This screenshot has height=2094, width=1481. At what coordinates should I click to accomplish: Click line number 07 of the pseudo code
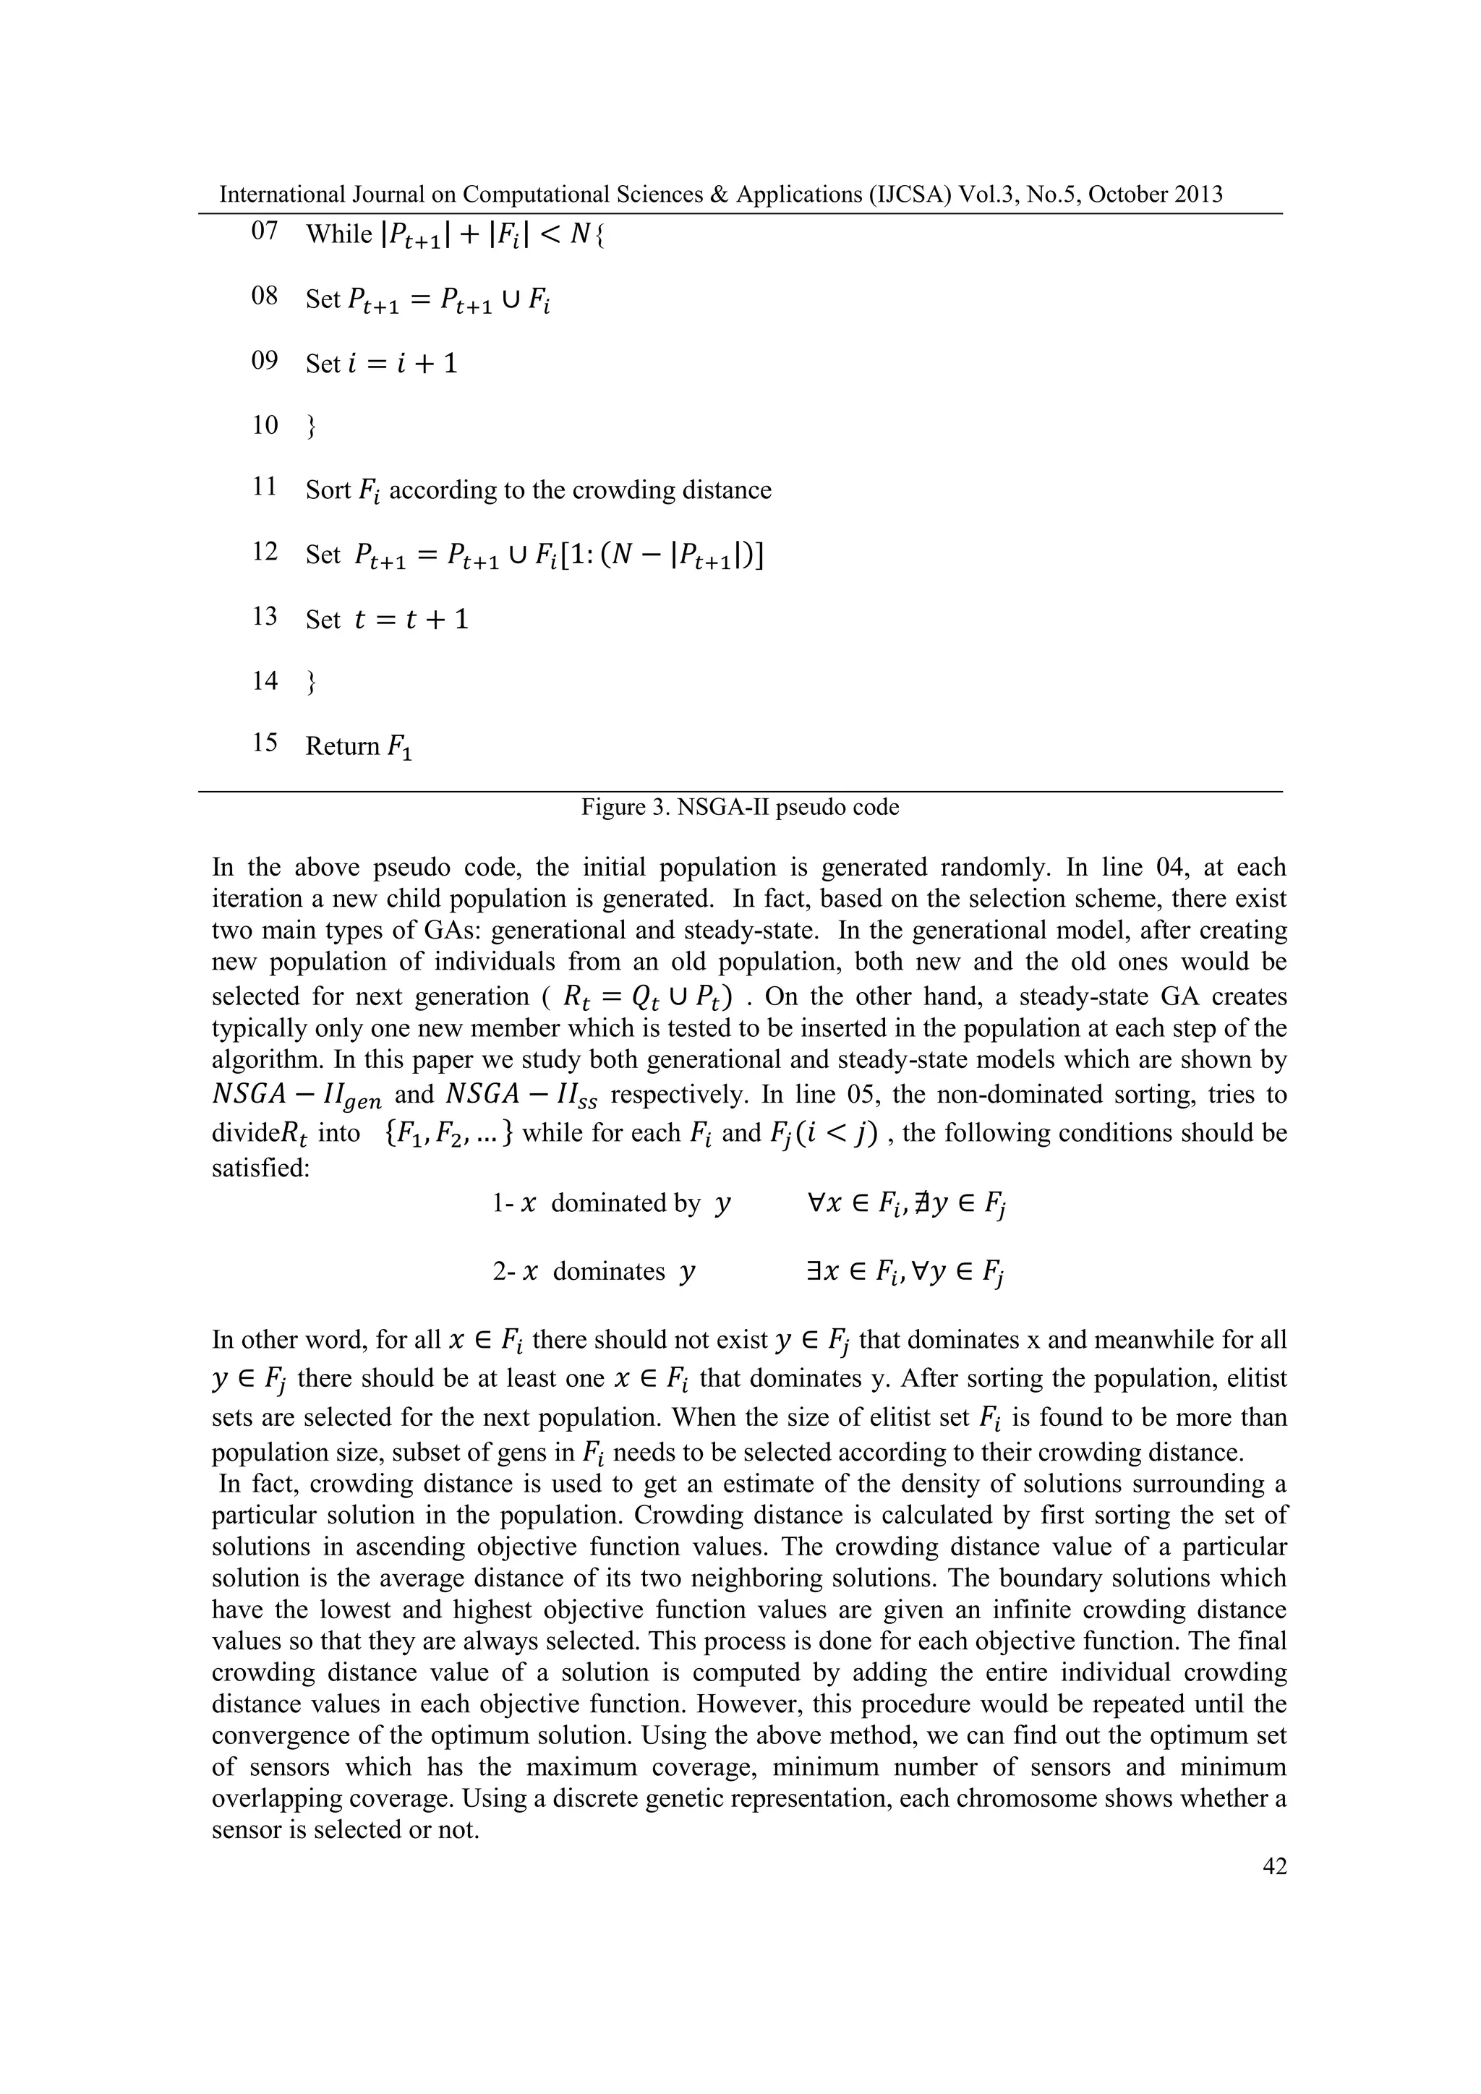click(265, 231)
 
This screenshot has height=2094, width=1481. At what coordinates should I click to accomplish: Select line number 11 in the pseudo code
click(265, 488)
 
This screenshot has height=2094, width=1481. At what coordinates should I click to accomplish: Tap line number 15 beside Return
click(265, 743)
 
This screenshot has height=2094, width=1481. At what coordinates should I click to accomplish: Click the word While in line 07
click(338, 234)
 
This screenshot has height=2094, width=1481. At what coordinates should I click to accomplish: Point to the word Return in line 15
click(342, 746)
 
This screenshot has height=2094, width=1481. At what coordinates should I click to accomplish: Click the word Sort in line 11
click(328, 491)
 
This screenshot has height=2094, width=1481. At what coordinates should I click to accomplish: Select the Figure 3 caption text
click(740, 807)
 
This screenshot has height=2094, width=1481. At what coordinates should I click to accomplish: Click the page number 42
click(1274, 1867)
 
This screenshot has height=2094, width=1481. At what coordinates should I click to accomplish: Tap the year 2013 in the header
click(1195, 195)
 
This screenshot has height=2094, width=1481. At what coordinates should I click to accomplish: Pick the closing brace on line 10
click(311, 426)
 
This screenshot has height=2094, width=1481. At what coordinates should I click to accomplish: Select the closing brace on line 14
click(311, 681)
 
